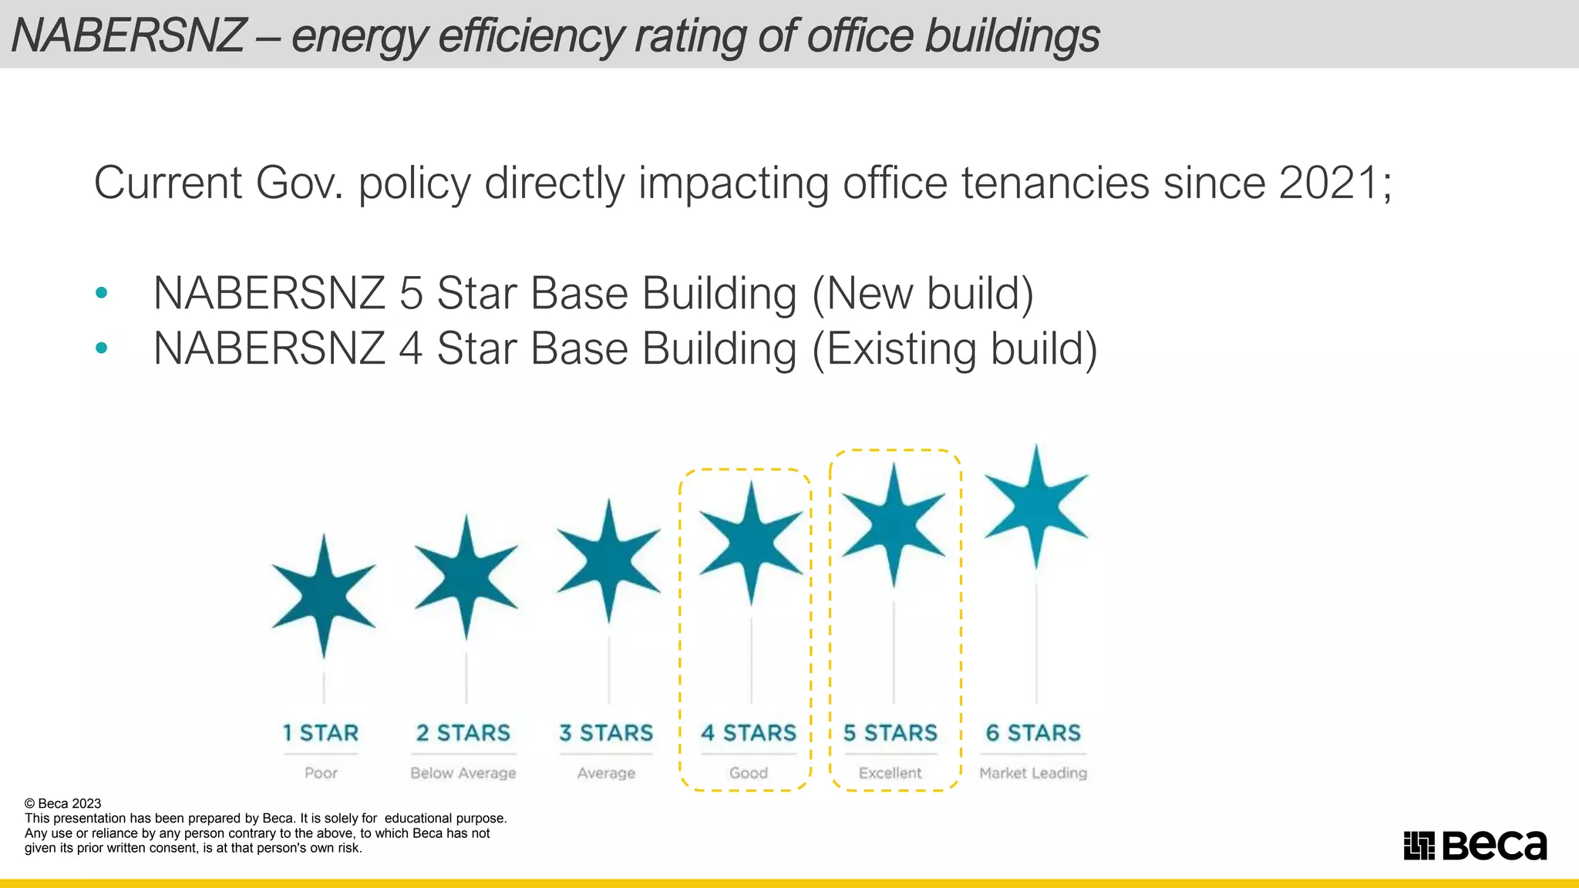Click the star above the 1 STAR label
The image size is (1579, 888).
(324, 596)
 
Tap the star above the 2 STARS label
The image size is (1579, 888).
(466, 577)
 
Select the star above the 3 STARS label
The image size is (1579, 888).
(608, 560)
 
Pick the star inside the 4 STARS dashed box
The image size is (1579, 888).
(751, 542)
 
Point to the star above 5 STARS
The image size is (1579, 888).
(894, 525)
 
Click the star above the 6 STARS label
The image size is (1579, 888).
(1036, 506)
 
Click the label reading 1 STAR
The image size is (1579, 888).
(321, 732)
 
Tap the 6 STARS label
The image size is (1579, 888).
(1033, 732)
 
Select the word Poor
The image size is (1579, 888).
(321, 772)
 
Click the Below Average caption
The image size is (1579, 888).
(463, 772)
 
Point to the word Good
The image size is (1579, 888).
(749, 772)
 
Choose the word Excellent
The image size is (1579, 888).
(891, 772)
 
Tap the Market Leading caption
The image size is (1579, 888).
(1033, 772)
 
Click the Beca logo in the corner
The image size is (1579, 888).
(1475, 845)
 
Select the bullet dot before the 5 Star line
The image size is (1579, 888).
(101, 293)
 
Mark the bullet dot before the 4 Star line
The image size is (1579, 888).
(101, 348)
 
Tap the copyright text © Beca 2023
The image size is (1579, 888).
(63, 803)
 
